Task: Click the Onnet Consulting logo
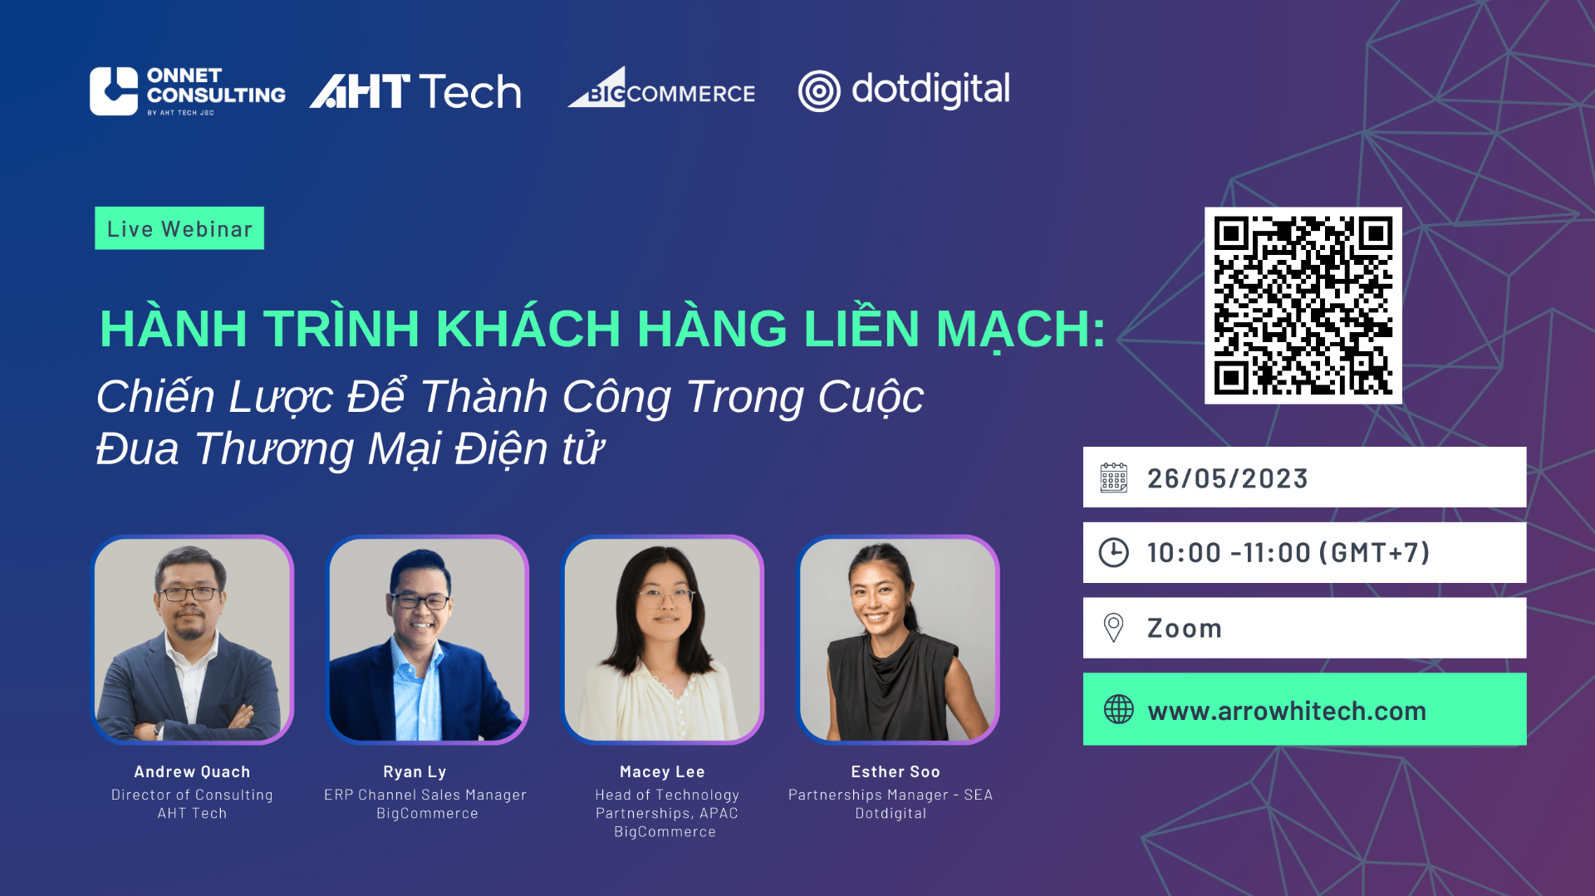coord(188,91)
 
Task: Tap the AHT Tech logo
coord(415,91)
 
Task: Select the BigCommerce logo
coord(661,87)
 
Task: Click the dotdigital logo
coord(904,91)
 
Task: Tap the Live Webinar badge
coord(179,228)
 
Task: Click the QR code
coord(1303,306)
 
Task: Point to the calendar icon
coord(1114,478)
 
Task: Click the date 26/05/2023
coord(1228,478)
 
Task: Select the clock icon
coord(1114,552)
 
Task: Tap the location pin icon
coord(1113,628)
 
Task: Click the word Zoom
coord(1185,629)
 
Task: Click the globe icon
coord(1119,709)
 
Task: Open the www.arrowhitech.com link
coord(1287,711)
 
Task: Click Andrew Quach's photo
coord(192,639)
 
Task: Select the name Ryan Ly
coord(415,772)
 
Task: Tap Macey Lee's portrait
coord(662,639)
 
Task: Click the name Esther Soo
coord(896,772)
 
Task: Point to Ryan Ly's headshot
coord(427,639)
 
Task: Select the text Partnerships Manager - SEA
coord(891,795)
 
